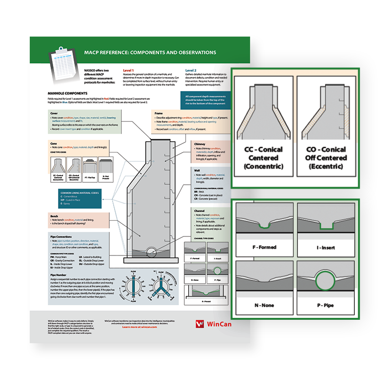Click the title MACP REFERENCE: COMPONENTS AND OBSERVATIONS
point(150,52)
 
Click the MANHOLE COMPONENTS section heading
point(67,93)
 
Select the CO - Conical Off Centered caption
point(328,157)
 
